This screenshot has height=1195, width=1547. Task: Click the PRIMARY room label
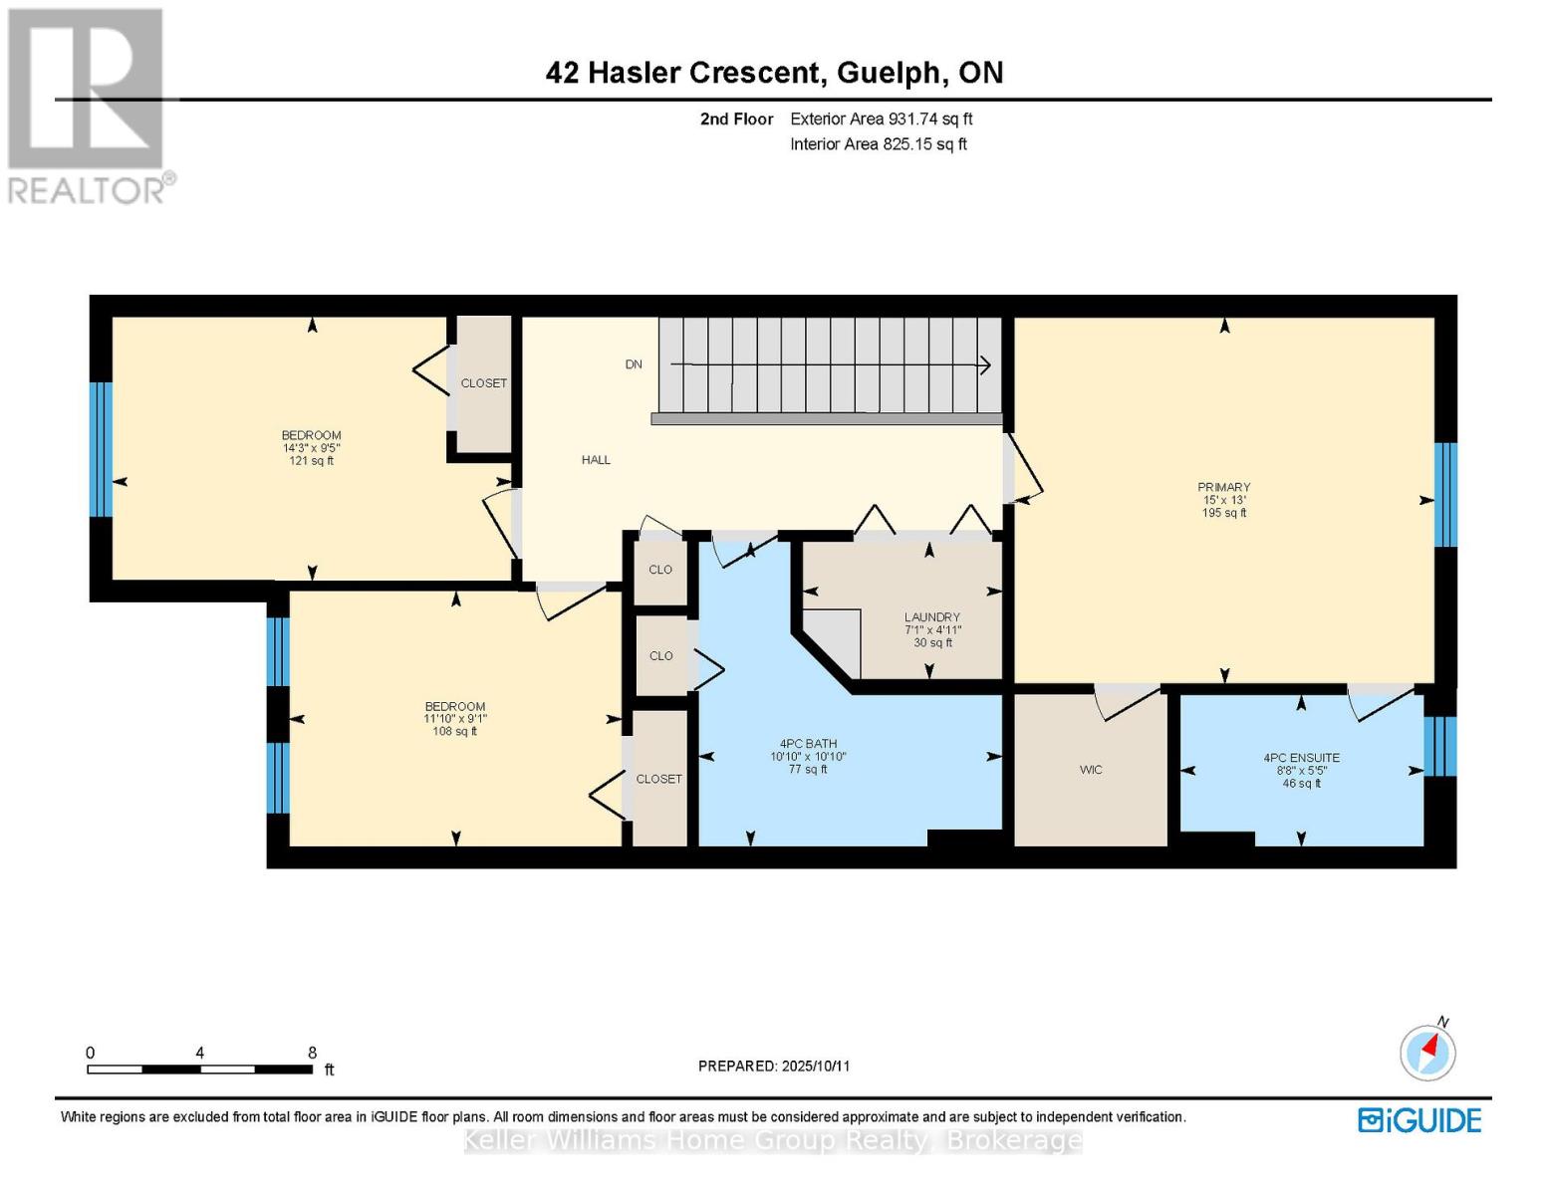(x=1223, y=487)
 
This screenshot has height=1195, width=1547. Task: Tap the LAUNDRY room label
(x=931, y=617)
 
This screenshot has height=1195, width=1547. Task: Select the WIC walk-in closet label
(x=1091, y=770)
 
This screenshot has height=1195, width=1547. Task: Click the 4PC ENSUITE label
(x=1301, y=758)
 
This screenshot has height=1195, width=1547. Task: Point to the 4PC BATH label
(x=808, y=744)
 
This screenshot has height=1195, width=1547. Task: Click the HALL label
(x=596, y=460)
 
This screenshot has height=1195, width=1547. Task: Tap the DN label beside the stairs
(x=634, y=364)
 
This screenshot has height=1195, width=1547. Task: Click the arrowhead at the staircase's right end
(x=984, y=365)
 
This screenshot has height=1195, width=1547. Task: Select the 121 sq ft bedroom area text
(x=311, y=461)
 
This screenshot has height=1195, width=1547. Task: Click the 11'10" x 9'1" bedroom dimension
(x=455, y=719)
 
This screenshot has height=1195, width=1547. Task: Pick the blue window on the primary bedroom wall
(x=1444, y=495)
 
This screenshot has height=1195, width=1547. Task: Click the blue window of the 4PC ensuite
(x=1439, y=746)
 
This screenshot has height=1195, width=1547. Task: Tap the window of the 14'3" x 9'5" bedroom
(x=101, y=449)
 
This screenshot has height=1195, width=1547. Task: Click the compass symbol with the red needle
(x=1427, y=1052)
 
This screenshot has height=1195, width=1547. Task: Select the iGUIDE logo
(x=1419, y=1120)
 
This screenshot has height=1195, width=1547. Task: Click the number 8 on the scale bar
(x=312, y=1053)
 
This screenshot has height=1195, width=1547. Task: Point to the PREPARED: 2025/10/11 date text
(x=774, y=1067)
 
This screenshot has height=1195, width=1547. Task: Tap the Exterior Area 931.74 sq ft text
(x=881, y=119)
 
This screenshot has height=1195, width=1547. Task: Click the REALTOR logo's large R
(x=85, y=88)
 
